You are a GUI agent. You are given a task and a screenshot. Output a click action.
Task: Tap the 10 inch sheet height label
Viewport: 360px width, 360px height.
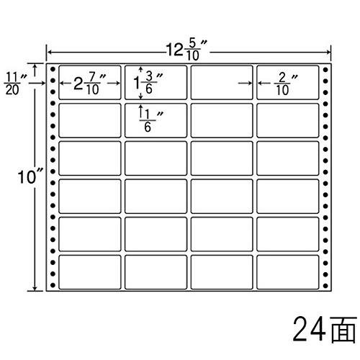(x=31, y=178)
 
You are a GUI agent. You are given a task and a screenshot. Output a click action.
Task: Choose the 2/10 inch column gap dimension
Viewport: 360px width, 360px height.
(x=286, y=84)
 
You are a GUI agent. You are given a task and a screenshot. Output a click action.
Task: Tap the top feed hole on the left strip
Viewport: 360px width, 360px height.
(x=53, y=69)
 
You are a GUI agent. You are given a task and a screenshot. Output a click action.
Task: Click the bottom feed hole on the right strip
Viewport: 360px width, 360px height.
(x=325, y=286)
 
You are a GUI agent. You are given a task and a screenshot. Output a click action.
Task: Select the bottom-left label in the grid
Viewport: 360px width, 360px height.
(x=90, y=272)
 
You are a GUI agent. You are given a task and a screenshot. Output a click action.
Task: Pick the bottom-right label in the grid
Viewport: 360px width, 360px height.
(x=288, y=272)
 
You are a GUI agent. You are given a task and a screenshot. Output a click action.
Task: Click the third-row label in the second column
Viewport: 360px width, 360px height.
(x=156, y=158)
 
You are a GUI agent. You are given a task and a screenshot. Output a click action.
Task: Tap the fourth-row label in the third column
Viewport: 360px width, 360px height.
(x=222, y=197)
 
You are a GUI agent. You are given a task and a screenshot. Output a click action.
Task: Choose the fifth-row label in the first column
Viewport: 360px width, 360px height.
(x=90, y=234)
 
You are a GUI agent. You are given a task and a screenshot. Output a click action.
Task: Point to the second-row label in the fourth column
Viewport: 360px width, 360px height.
(x=288, y=120)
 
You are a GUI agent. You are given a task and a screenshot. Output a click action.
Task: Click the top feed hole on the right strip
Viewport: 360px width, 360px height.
(x=325, y=70)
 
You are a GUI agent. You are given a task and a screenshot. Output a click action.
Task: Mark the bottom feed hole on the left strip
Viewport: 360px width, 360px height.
(x=53, y=285)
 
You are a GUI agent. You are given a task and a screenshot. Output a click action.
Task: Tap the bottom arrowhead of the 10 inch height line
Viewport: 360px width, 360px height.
(x=35, y=288)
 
